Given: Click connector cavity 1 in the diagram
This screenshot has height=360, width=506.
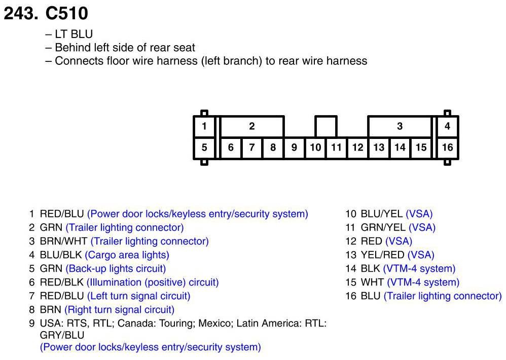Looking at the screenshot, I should click(204, 126).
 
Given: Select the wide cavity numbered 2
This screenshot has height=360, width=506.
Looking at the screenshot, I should click(251, 126).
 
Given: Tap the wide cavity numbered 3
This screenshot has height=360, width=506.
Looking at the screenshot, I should click(400, 126).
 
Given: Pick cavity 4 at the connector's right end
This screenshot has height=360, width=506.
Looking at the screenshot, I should click(447, 126).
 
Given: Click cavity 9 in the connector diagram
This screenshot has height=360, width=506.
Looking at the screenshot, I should click(294, 148).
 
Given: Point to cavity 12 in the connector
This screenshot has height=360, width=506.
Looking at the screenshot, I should click(357, 148).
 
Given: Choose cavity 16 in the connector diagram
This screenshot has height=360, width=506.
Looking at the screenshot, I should click(447, 148).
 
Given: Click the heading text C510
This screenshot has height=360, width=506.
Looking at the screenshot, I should click(66, 14).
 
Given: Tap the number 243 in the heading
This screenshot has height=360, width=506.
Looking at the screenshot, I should click(19, 14).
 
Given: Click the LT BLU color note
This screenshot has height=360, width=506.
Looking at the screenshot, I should click(74, 34).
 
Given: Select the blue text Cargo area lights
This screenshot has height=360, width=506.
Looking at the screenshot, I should click(127, 255).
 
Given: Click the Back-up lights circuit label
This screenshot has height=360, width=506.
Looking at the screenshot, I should click(116, 269).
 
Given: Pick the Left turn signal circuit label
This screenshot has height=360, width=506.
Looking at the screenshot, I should click(139, 296).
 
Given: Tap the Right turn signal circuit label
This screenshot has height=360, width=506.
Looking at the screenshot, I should click(119, 310).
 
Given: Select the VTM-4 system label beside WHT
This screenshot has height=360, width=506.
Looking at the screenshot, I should click(423, 282).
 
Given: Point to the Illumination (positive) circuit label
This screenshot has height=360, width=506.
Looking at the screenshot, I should click(153, 282).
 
